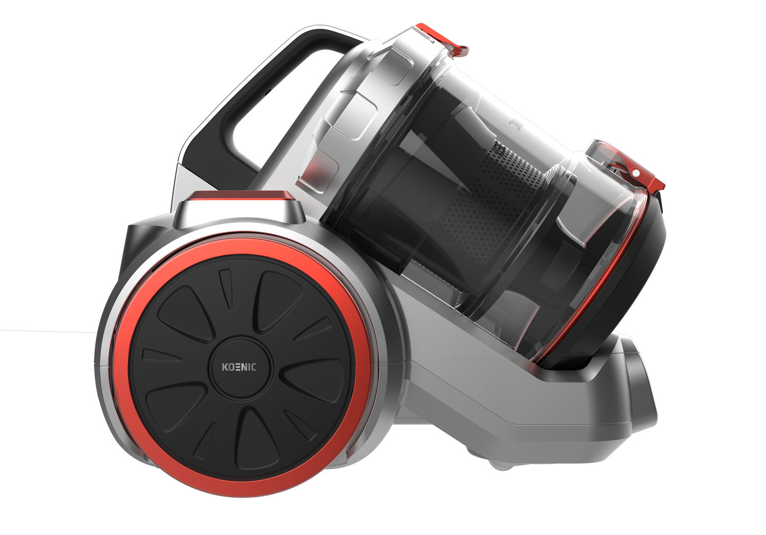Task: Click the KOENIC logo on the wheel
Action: pos(239,367)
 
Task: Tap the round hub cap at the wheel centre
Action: pos(240,368)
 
